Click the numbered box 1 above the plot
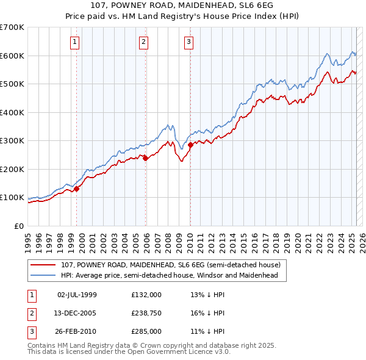pos(74,42)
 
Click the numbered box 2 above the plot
pos(143,42)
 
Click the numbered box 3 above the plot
pos(188,42)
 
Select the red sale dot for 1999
pos(77,189)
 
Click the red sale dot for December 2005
pos(146,158)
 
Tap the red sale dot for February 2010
pos(190,145)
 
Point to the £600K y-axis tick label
pos(12,56)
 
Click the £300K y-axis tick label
pos(12,141)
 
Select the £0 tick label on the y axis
pos(18,226)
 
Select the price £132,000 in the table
pos(146,295)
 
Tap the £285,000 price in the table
pos(146,331)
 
